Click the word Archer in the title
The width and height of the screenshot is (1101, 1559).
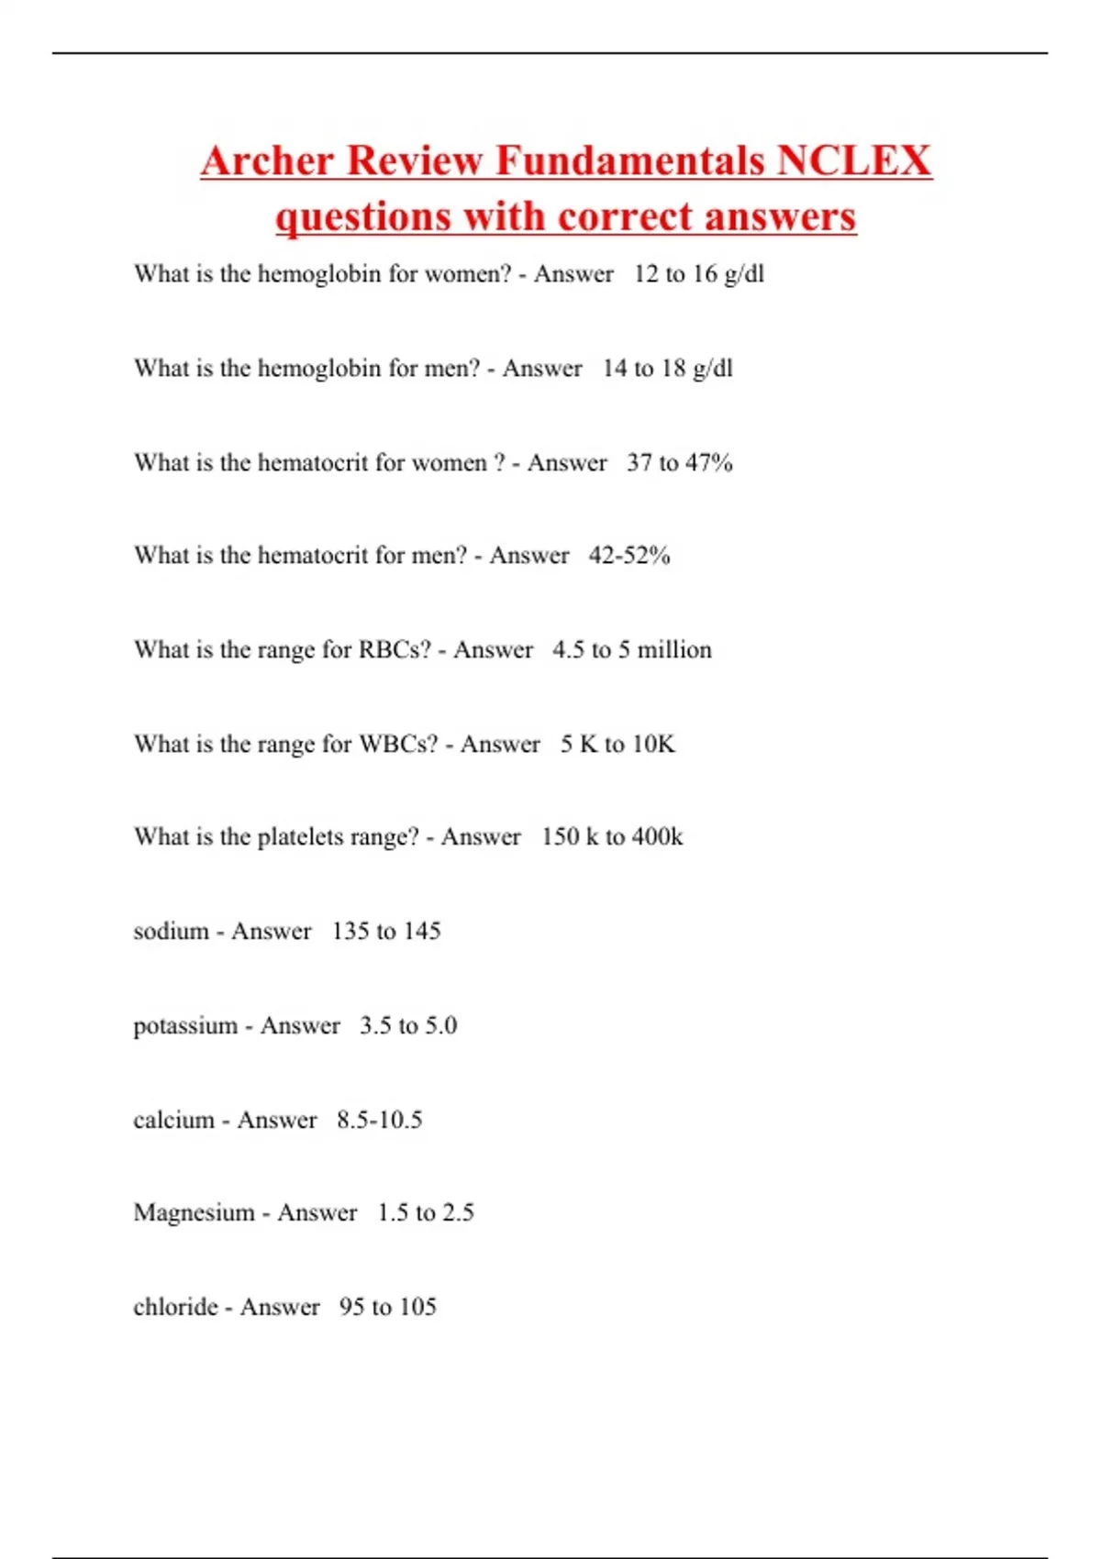pos(267,160)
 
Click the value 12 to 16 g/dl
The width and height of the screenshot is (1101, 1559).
pos(699,274)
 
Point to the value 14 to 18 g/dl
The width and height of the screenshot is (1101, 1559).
pos(668,369)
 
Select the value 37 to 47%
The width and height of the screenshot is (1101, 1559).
pos(680,463)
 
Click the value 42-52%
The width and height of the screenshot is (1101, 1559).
pos(629,556)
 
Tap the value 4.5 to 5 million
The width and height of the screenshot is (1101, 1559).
pos(632,650)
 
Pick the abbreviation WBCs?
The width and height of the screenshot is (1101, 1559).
pos(398,744)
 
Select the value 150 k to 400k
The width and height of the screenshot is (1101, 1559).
pos(612,837)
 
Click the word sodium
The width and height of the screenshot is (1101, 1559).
pos(172,932)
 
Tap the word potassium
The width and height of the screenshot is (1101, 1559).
pos(185,1026)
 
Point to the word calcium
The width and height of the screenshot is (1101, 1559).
pos(173,1120)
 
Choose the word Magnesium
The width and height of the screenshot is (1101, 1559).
pos(195,1213)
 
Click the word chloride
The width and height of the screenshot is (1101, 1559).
pos(175,1307)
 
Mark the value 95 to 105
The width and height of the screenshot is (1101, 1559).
pos(388,1307)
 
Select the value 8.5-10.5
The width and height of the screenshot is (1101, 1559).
pos(380,1120)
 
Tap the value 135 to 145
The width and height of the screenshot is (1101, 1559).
pos(386,932)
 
